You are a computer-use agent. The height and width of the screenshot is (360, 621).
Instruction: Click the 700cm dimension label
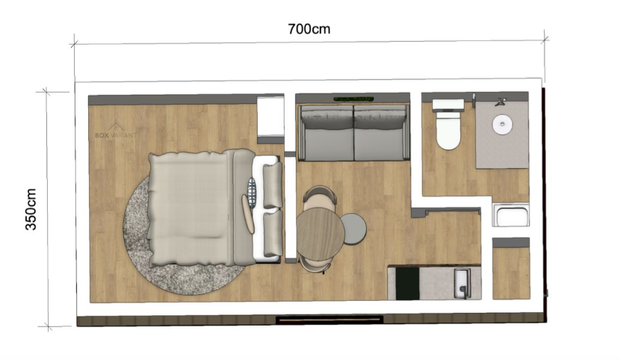click(309, 29)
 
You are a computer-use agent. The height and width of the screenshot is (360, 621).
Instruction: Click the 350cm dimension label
click(31, 210)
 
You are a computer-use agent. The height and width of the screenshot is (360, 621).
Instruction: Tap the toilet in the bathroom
click(448, 125)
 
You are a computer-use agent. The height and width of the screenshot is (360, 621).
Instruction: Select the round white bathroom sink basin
click(502, 124)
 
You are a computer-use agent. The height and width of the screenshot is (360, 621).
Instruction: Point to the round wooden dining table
click(321, 234)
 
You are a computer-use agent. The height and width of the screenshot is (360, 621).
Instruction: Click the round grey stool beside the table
click(354, 229)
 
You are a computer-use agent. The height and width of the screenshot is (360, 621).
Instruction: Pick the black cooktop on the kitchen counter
click(407, 284)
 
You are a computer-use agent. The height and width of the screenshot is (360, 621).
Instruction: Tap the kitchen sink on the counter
click(463, 283)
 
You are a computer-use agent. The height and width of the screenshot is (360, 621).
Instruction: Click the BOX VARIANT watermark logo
click(116, 130)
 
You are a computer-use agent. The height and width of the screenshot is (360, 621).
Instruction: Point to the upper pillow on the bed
click(273, 184)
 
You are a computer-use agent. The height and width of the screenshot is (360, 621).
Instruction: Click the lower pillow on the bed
click(273, 233)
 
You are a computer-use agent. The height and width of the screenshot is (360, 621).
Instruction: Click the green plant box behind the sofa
click(353, 99)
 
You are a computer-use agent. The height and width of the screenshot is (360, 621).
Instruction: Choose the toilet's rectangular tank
click(448, 105)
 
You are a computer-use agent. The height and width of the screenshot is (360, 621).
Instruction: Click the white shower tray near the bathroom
click(511, 215)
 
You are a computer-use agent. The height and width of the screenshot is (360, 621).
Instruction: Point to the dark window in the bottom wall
click(330, 319)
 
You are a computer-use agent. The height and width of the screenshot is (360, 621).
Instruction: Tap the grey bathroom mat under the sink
click(502, 134)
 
